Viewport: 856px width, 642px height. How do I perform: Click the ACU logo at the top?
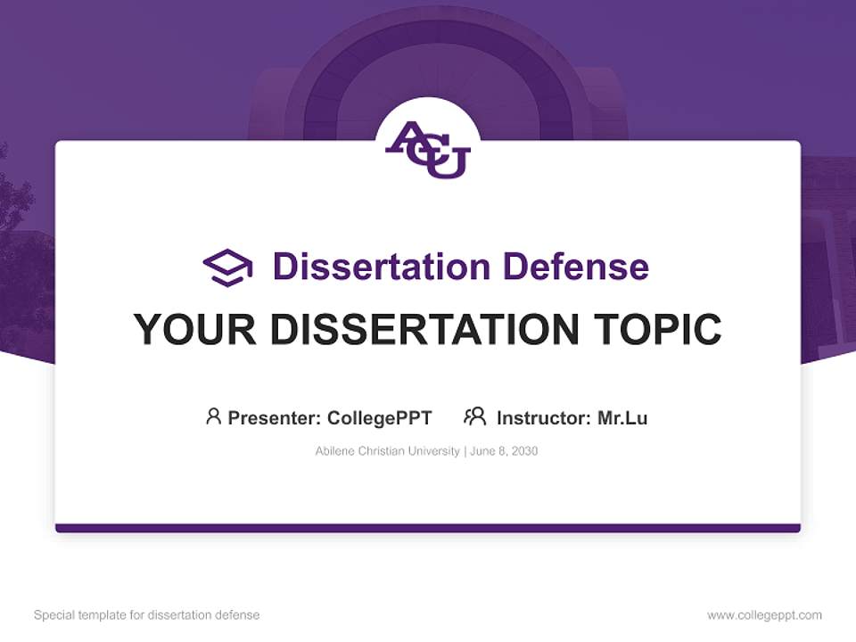click(428, 150)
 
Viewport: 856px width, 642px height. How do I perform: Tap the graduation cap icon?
click(227, 267)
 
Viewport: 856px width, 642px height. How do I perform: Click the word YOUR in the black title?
click(195, 330)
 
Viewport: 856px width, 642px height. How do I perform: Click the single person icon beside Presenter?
click(213, 416)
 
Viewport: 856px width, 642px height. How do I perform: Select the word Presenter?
click(275, 417)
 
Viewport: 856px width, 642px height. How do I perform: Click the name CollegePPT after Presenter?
click(380, 417)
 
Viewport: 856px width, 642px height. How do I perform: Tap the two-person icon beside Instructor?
click(475, 416)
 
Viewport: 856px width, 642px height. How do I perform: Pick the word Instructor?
click(543, 417)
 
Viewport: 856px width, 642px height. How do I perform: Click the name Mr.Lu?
click(622, 417)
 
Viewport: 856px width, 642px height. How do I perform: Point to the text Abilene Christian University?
click(387, 451)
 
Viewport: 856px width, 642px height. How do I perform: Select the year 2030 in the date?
click(523, 451)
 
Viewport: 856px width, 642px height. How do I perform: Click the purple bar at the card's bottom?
click(428, 528)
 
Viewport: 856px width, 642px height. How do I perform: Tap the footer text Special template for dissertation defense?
click(147, 615)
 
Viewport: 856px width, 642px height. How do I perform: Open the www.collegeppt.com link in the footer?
click(764, 615)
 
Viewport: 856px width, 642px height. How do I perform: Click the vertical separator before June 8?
click(464, 451)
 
